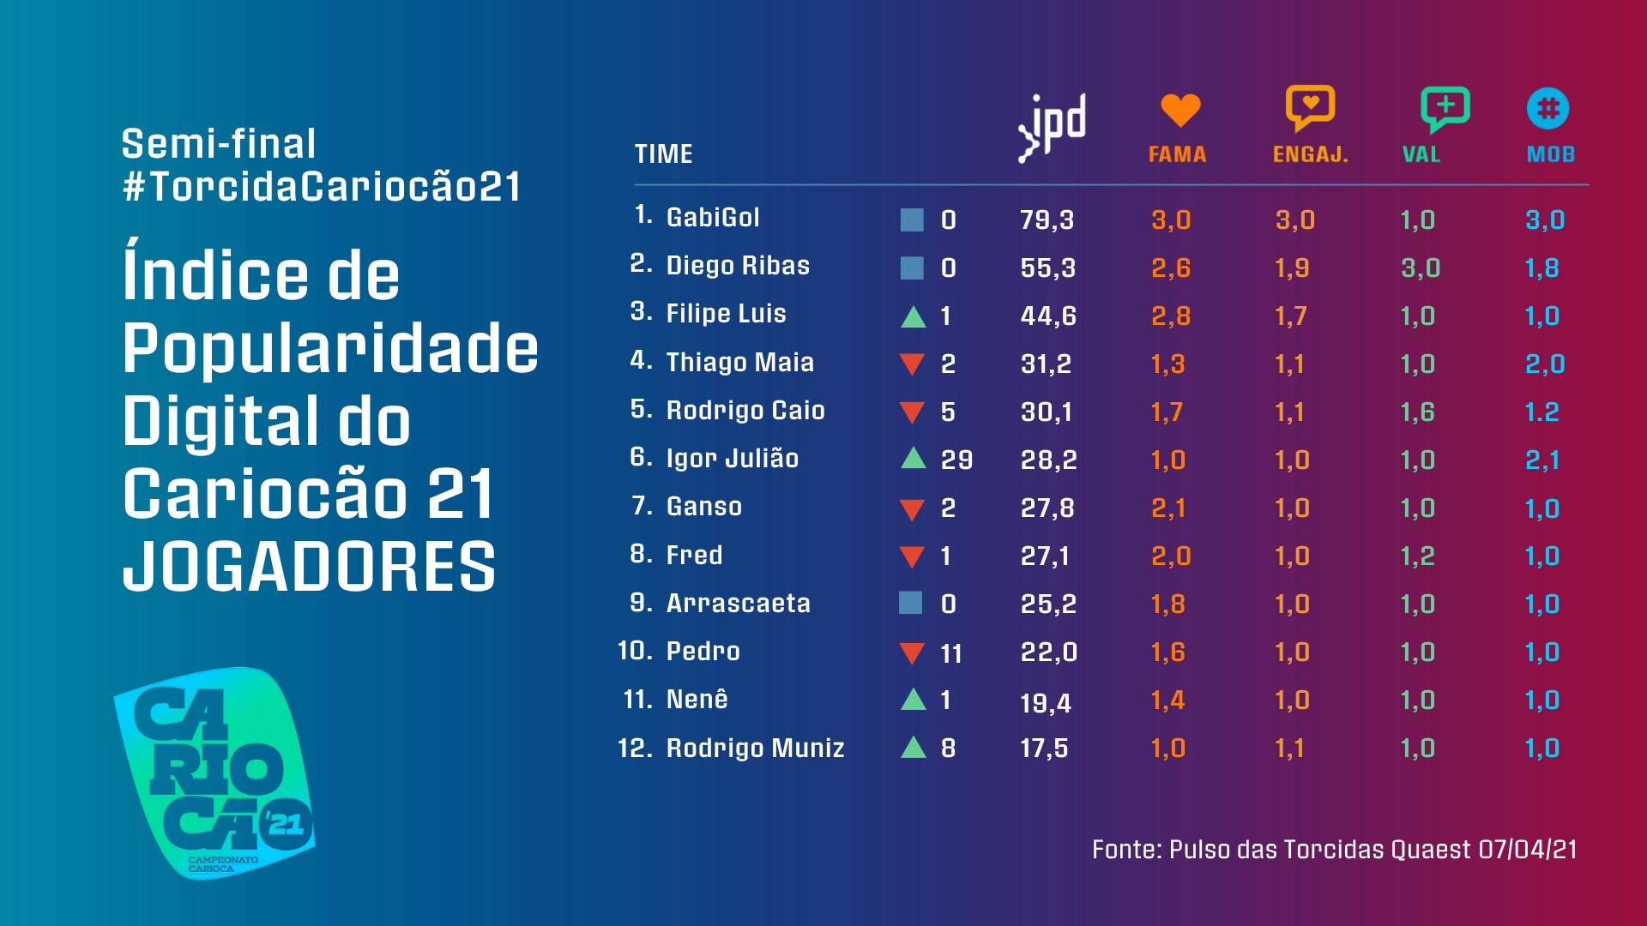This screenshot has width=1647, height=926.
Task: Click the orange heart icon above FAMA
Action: [1179, 110]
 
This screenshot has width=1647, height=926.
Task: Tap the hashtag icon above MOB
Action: [1547, 109]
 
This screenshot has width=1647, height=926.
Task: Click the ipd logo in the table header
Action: [1053, 127]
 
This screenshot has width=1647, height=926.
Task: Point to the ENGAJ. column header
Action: [1310, 154]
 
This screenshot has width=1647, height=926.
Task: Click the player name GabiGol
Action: [713, 218]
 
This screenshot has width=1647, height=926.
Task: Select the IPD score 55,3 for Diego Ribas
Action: [1047, 268]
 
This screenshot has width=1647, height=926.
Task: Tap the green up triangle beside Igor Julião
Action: [914, 458]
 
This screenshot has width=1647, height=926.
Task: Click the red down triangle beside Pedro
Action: [912, 653]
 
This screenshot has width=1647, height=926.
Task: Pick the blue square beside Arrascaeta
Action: [911, 603]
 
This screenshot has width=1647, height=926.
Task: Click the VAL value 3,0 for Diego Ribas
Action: [1421, 268]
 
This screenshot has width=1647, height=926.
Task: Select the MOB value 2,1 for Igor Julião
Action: [1542, 460]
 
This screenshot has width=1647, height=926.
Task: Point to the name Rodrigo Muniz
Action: [755, 749]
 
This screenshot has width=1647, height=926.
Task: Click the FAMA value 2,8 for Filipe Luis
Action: [1170, 316]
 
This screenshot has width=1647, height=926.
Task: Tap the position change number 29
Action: [956, 460]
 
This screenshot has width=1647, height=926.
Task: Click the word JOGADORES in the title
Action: [309, 567]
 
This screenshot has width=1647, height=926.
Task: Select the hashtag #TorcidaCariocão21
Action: [322, 187]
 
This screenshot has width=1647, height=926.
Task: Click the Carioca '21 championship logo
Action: [215, 773]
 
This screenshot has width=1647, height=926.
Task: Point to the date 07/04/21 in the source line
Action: [1527, 850]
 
